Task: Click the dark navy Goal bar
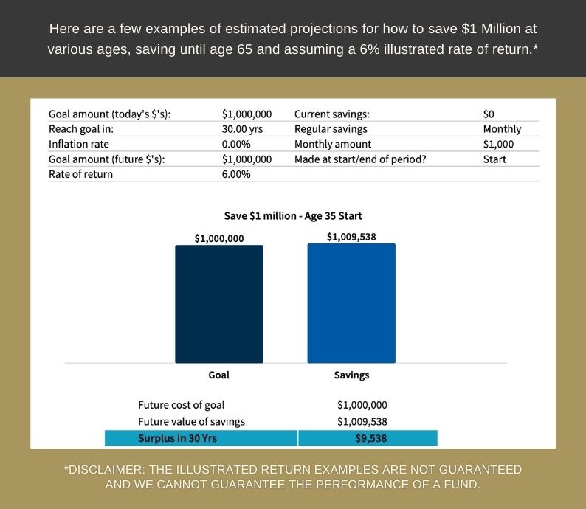click(219, 304)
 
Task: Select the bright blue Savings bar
click(351, 303)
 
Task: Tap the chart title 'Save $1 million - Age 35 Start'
click(293, 216)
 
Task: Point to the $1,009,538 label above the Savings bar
click(351, 237)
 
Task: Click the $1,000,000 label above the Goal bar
click(219, 238)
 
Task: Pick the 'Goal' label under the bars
click(219, 375)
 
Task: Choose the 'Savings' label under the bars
click(352, 375)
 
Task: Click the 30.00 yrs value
click(242, 129)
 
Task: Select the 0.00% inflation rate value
click(236, 144)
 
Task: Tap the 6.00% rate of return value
click(236, 174)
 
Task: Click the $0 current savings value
click(489, 114)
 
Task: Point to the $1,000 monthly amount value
click(498, 144)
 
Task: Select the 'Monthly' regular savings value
click(502, 129)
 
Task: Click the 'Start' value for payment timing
click(494, 159)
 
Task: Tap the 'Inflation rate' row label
click(79, 144)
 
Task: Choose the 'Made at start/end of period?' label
click(360, 159)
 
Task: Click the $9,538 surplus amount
click(371, 438)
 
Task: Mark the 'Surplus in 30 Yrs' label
click(178, 438)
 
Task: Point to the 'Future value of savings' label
click(191, 422)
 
